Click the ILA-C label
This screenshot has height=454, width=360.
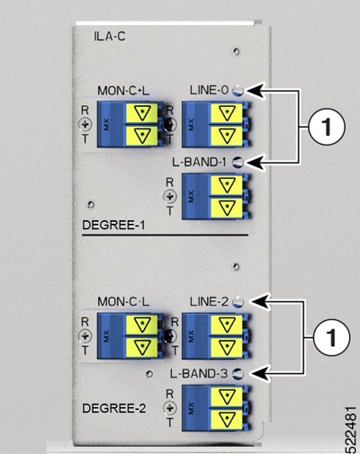point(110,37)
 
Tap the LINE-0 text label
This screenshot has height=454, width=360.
point(209,90)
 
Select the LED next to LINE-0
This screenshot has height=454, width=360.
point(238,90)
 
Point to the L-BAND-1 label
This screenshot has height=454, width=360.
point(199,162)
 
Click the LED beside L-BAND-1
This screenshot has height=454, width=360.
point(238,162)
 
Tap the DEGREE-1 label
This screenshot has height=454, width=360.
point(113,225)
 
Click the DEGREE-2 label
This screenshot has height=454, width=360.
point(114,408)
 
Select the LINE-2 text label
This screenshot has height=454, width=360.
point(209,301)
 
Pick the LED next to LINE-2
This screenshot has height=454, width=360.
point(238,301)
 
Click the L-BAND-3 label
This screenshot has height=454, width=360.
point(199,374)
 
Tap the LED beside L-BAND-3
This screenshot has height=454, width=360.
point(238,374)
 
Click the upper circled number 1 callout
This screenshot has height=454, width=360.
point(327,127)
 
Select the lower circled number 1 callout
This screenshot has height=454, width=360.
point(331,338)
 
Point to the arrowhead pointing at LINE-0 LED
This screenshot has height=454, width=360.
point(256,90)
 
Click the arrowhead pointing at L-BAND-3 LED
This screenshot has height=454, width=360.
point(257,374)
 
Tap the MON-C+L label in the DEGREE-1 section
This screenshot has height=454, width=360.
point(123,91)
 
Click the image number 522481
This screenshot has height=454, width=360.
point(351,430)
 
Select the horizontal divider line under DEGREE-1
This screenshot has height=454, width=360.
point(166,236)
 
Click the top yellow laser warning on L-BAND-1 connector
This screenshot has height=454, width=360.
point(227,185)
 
